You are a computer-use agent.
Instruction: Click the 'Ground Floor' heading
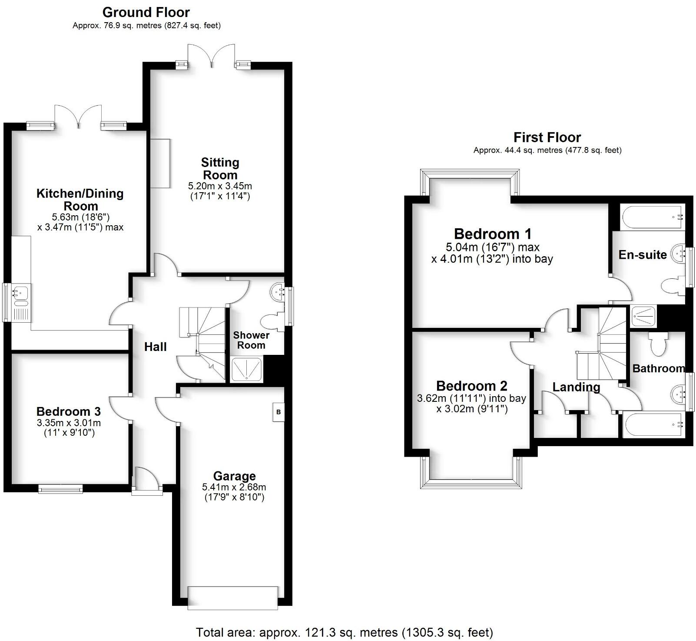point(146,12)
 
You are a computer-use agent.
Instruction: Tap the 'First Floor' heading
point(547,137)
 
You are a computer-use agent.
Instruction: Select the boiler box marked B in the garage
point(278,412)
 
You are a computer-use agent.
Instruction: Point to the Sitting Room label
point(220,169)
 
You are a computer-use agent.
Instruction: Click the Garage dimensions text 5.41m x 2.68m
point(234,487)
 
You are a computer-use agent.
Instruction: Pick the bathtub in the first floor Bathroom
point(653,425)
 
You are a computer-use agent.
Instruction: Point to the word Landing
point(576,387)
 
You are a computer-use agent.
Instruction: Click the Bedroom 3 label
point(69,411)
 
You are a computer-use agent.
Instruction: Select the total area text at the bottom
point(344,632)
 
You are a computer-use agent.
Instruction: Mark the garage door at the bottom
point(232,598)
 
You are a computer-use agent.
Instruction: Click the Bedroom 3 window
point(60,489)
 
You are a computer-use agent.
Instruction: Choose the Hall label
point(156,347)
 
